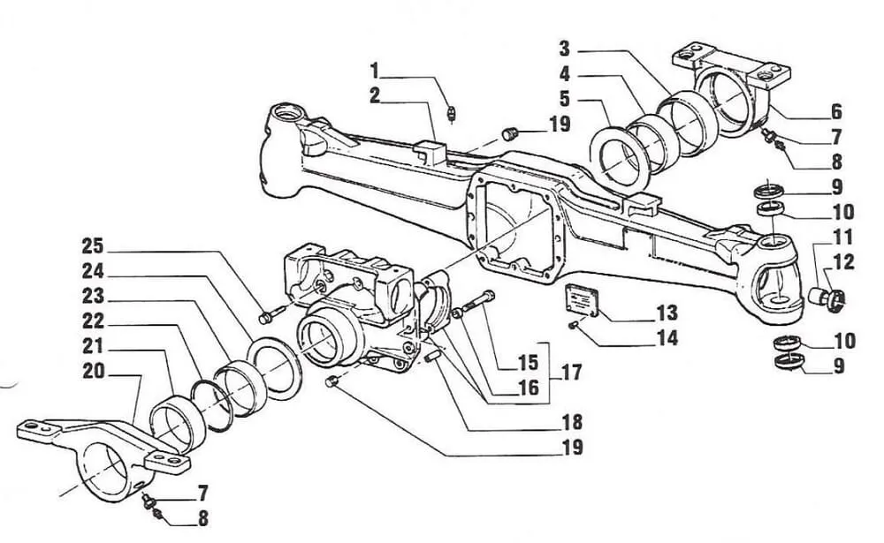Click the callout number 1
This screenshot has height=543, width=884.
pos(375,71)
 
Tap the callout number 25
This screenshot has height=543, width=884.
pos(93,246)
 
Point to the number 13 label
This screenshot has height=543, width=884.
pos(667,313)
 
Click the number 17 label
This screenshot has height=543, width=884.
pos(571,373)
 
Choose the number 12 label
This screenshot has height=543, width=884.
pos(843,262)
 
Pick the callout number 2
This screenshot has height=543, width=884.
pos(375,95)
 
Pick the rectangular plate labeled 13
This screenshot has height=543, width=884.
pos(582,298)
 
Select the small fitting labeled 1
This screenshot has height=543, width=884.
pos(451,113)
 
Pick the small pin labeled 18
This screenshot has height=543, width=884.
pos(433,357)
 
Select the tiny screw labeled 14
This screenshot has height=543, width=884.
pos(572,325)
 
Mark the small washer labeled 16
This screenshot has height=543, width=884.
pos(457,312)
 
